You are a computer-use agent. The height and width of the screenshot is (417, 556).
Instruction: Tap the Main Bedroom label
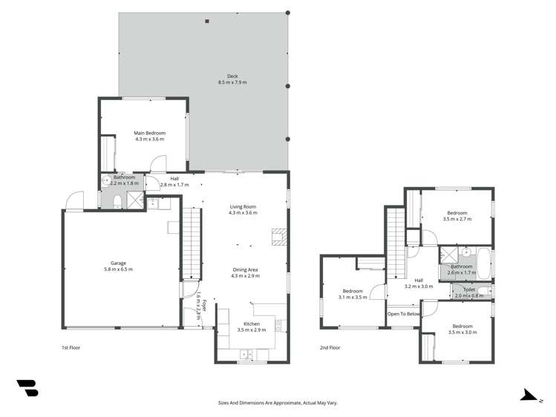pos(150,134)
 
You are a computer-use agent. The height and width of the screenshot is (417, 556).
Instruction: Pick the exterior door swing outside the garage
pos(73,200)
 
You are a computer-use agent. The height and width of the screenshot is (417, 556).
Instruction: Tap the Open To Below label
pos(404,314)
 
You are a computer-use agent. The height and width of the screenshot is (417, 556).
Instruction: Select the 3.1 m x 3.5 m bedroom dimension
pos(353,297)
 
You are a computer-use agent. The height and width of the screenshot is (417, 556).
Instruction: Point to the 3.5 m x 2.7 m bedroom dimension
pos(457,219)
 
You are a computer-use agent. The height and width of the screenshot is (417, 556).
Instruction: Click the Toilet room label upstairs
pos(468,289)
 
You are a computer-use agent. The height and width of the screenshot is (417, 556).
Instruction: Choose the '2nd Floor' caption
pos(330,347)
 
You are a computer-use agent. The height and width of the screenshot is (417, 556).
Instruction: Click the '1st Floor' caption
pos(71,347)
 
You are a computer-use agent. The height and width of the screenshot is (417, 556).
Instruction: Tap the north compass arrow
pos(529,396)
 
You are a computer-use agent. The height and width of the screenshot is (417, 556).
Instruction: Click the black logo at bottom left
pos(27,387)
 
